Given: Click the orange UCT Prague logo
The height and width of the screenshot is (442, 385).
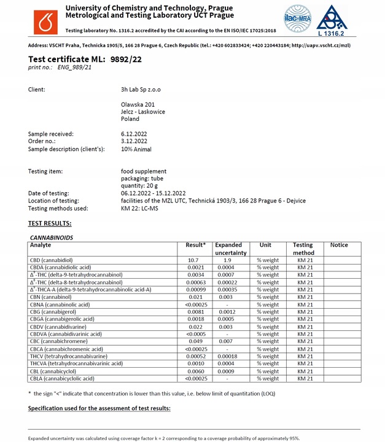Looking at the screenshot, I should point(44,20).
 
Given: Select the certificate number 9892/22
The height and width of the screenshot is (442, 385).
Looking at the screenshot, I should point(127,59).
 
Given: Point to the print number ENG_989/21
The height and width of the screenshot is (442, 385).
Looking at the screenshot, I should point(74,67).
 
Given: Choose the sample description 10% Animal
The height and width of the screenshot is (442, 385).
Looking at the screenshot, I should point(136,149).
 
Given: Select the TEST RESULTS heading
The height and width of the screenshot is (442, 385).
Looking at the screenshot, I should point(50,223).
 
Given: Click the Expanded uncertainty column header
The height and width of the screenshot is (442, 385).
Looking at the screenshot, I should point(230,249).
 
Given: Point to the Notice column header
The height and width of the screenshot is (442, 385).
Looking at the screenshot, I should point(338,245).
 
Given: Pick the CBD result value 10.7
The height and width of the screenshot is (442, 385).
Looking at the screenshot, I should point(192,260).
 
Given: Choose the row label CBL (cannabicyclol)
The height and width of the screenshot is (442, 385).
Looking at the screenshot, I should point(57,371).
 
